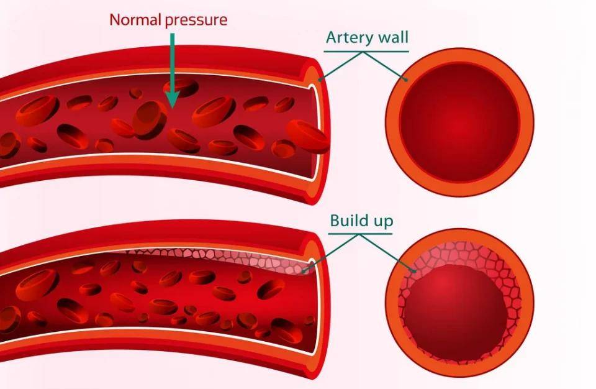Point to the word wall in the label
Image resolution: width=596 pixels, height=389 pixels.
pyautogui.click(x=393, y=38)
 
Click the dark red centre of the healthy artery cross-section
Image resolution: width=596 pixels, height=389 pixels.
pyautogui.click(x=459, y=121)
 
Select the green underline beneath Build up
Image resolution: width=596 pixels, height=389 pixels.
pyautogui.click(x=361, y=234)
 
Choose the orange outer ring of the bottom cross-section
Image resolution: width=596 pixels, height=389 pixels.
pyautogui.click(x=459, y=236)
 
